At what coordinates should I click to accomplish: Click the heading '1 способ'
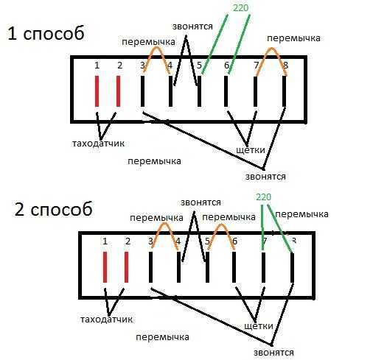click(46, 33)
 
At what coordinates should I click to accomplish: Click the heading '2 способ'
click(53, 209)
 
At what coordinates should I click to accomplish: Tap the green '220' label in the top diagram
click(240, 8)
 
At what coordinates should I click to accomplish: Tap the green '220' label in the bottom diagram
click(263, 197)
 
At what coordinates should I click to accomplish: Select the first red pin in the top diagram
click(97, 91)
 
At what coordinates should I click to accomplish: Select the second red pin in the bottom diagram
click(126, 267)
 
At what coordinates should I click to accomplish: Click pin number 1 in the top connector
click(97, 66)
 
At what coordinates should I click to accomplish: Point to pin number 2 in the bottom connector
click(128, 241)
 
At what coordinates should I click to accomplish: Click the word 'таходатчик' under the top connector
click(98, 144)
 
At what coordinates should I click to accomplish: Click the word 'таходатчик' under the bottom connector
click(106, 320)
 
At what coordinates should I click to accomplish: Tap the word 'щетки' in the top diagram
click(251, 150)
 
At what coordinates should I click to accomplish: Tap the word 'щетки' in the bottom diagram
click(259, 326)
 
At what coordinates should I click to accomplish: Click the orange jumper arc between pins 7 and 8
click(271, 48)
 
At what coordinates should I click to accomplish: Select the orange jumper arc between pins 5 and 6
click(221, 225)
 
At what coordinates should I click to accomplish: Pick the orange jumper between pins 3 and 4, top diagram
click(156, 48)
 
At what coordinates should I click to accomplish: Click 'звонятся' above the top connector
click(192, 27)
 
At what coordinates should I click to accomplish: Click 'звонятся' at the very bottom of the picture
click(273, 353)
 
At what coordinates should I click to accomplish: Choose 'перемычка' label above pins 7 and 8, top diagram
click(293, 38)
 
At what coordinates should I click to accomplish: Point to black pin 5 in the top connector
click(200, 91)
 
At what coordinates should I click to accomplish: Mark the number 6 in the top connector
click(226, 66)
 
